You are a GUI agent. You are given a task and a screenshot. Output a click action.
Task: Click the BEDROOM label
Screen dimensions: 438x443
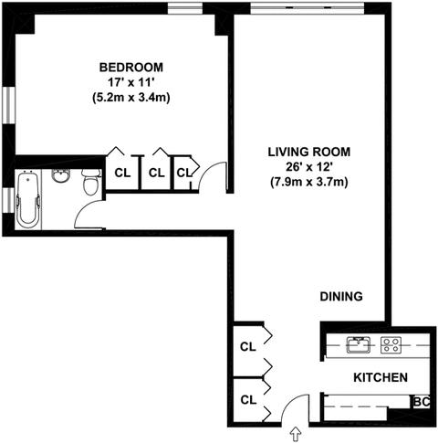131,68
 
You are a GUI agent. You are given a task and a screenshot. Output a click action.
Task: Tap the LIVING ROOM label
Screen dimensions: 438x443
309,152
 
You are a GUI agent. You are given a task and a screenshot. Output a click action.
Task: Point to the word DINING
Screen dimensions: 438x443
341,296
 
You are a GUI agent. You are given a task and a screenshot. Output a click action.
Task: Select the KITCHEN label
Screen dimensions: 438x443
381,377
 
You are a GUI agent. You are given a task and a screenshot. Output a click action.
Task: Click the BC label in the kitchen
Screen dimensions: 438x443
422,402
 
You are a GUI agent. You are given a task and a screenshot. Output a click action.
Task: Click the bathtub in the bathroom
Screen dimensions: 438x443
28,199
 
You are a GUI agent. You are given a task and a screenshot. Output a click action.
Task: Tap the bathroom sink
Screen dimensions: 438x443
61,175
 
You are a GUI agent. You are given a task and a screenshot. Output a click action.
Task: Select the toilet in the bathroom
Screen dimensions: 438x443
91,183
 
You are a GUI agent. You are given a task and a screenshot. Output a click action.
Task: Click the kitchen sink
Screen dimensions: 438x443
359,345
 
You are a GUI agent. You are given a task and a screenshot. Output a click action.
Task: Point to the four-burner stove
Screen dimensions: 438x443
391,345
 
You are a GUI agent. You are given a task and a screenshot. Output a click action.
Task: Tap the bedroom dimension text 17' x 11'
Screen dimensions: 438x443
131,82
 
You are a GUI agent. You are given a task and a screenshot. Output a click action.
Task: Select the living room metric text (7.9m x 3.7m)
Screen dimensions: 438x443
309,183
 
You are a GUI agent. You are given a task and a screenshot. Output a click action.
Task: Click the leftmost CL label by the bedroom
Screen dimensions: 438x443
122,173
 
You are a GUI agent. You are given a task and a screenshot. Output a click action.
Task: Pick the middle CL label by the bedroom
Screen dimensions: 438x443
156,173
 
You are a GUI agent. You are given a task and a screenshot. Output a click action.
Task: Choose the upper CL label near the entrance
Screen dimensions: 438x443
248,346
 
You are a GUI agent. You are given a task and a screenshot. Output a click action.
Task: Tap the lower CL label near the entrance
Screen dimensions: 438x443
248,400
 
